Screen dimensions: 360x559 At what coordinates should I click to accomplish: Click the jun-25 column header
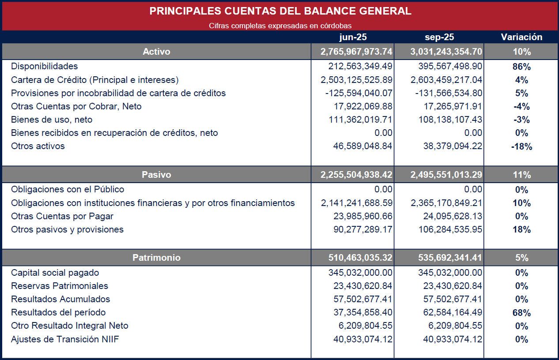(352, 37)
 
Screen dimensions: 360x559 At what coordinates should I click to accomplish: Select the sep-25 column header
(439, 37)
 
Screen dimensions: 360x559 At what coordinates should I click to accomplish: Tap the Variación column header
(521, 37)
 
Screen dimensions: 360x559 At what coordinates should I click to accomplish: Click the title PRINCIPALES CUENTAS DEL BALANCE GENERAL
(280, 11)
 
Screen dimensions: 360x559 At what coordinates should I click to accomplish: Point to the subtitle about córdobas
(280, 26)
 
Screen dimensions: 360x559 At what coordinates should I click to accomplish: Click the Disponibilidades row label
(44, 66)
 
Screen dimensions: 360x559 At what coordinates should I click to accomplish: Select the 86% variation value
(521, 67)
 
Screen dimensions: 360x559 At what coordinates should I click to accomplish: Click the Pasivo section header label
(156, 175)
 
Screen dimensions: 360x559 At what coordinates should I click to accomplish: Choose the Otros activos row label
(38, 146)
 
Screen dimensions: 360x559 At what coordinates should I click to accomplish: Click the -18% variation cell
(521, 147)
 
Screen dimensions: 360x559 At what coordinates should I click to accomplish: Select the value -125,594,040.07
(359, 93)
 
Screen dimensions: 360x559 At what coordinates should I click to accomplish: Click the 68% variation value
(521, 313)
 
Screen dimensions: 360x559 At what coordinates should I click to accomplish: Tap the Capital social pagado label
(55, 273)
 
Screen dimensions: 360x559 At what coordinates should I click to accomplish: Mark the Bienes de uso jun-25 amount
(360, 120)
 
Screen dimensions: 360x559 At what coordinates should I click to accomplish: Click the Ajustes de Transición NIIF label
(65, 339)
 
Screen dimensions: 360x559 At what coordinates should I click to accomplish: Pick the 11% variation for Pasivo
(521, 175)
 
